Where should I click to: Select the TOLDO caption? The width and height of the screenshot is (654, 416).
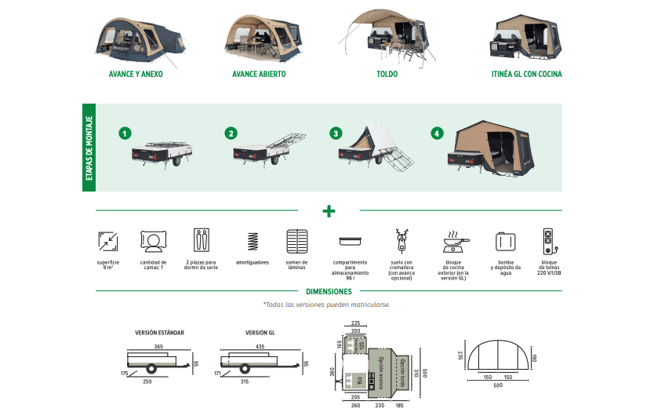pos(387,75)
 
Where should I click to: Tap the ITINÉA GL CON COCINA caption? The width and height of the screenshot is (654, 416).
pos(526,75)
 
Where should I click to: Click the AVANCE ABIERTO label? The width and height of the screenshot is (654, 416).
pos(259,75)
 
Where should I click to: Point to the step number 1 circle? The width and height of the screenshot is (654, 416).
pos(124,133)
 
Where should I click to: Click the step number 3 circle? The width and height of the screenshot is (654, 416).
pos(336,133)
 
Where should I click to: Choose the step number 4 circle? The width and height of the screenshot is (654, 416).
pos(437,133)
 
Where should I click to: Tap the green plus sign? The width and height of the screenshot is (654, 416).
pos(329,210)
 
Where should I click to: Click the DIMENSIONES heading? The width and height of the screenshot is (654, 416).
pos(329,291)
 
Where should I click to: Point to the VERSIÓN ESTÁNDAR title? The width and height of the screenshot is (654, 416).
pos(159,333)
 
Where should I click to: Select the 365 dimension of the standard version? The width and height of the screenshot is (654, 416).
pos(158,346)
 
